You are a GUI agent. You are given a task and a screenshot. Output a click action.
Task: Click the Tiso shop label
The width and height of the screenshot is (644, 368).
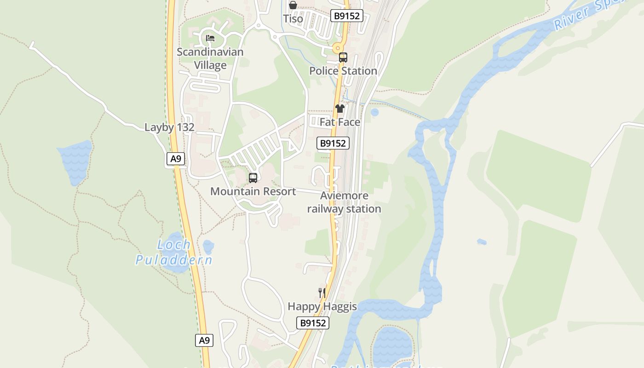[293, 19]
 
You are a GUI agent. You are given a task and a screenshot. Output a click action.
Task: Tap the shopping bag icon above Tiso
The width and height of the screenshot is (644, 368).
[293, 5]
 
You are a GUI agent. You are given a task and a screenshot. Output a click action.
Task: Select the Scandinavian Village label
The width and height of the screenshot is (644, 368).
[210, 58]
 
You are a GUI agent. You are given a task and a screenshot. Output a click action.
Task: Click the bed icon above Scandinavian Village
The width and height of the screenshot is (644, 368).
[210, 38]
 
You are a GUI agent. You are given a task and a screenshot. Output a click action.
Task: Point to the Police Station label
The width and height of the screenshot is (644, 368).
[343, 71]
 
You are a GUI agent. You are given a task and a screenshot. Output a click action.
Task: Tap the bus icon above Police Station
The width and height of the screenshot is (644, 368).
[343, 57]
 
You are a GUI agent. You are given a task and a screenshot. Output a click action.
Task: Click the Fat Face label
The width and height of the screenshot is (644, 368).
[340, 122]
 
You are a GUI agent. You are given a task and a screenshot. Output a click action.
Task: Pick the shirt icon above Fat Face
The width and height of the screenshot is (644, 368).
[340, 109]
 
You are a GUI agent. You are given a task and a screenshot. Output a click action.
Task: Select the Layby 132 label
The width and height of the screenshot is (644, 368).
[169, 127]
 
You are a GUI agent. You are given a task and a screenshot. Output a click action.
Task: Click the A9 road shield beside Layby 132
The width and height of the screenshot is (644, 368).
[175, 159]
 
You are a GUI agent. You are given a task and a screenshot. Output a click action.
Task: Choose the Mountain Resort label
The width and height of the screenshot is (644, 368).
[253, 191]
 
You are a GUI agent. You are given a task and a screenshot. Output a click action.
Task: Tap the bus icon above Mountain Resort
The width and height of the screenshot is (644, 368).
[253, 178]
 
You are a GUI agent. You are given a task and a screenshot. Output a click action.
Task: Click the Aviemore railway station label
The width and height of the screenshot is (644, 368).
[344, 202]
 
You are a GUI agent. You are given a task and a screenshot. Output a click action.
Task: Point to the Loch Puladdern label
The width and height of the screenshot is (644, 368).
[174, 253]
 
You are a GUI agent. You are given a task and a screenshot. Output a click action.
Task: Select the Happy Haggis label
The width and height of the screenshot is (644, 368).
[322, 306]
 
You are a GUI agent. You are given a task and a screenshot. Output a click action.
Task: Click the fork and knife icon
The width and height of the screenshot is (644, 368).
[322, 293]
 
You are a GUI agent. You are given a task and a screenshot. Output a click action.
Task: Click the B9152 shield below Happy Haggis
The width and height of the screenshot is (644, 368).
[313, 323]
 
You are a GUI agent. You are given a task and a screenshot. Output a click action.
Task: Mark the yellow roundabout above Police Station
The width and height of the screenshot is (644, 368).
[338, 48]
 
